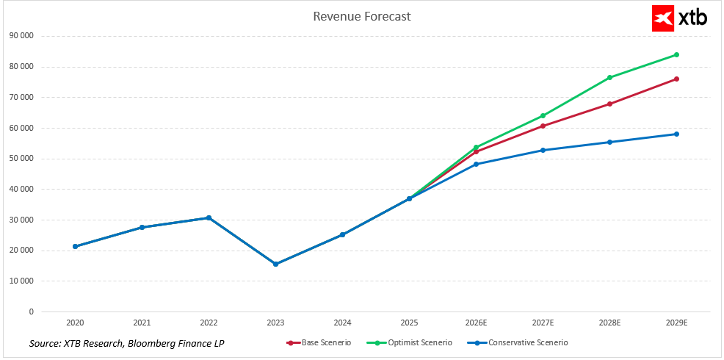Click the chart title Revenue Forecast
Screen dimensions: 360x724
(x=362, y=16)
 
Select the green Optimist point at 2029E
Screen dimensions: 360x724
(x=676, y=54)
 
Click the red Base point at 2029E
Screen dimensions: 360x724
(x=676, y=79)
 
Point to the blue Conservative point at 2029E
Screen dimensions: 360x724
(x=676, y=134)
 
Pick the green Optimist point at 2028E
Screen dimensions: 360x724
(x=609, y=77)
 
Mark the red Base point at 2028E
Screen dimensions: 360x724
(x=609, y=104)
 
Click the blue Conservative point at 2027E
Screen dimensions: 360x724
(x=543, y=150)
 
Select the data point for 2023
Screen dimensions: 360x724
(x=275, y=264)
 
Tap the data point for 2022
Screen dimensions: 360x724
(x=209, y=217)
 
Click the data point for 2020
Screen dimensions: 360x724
(x=75, y=246)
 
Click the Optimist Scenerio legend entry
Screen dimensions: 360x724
(x=410, y=342)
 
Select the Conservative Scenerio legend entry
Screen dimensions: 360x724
(x=518, y=342)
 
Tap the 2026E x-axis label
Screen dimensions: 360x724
(x=476, y=322)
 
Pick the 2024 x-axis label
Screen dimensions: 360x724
(x=342, y=322)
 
